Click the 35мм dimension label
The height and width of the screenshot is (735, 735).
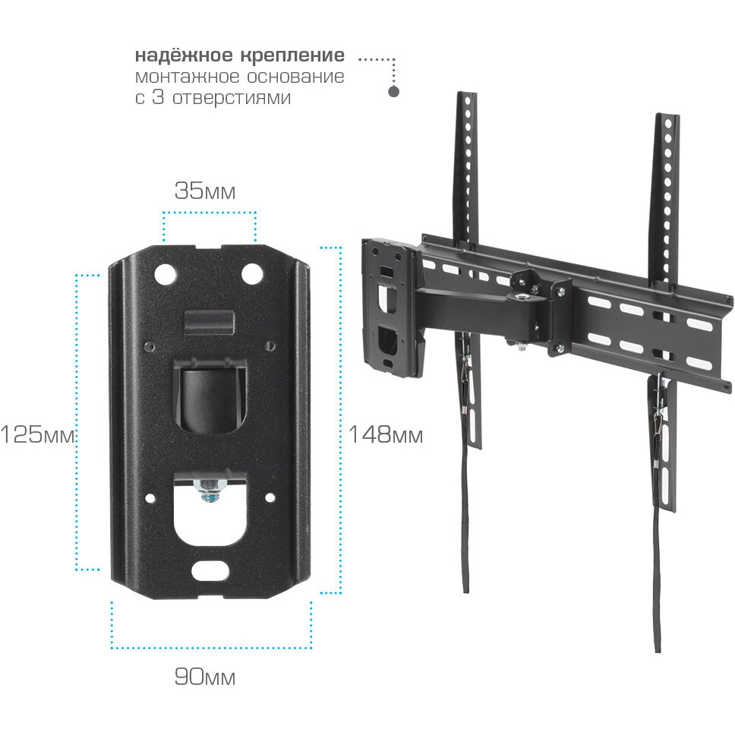click(x=205, y=191)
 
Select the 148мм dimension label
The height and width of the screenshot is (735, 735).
click(x=386, y=435)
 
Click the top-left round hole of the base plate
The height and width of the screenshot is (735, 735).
click(x=165, y=273)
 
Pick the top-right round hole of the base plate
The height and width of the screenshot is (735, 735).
click(x=252, y=273)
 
